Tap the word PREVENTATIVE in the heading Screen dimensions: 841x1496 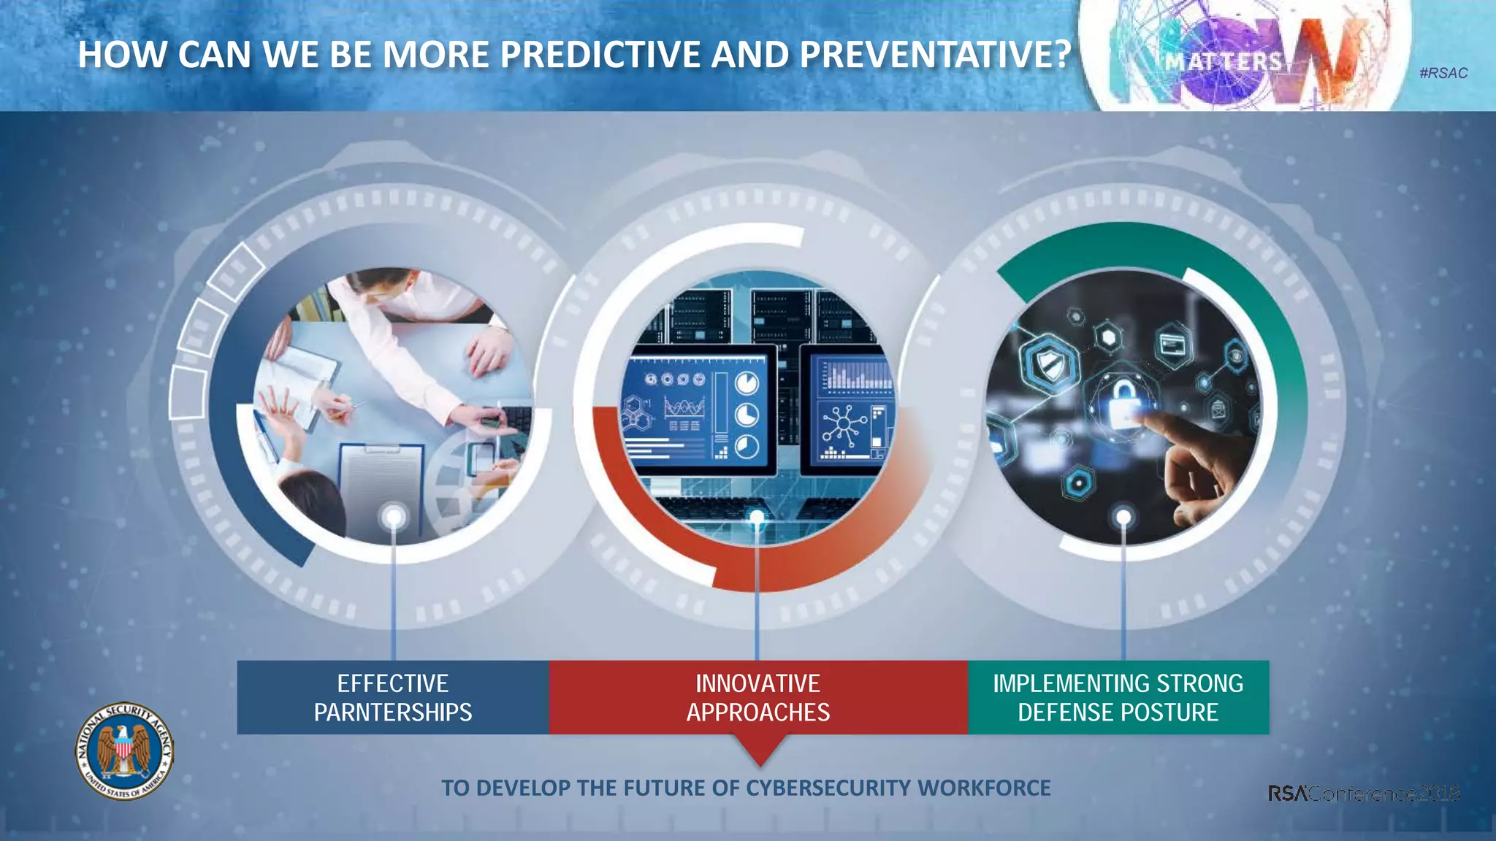coord(935,55)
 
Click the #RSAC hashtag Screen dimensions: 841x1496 coord(1443,73)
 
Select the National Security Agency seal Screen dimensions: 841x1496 coord(124,751)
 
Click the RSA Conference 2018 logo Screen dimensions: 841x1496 coord(1363,794)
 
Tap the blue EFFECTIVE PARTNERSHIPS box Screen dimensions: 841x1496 coord(393,697)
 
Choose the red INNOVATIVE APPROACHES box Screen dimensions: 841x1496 coord(758,697)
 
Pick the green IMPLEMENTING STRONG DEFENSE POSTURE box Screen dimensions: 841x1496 coord(1118,697)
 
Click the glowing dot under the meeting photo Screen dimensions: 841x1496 coord(394,518)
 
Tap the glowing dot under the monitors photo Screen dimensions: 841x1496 coord(757,518)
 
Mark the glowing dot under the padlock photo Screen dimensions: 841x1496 coord(1123,518)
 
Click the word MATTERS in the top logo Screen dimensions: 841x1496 coord(1223,61)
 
